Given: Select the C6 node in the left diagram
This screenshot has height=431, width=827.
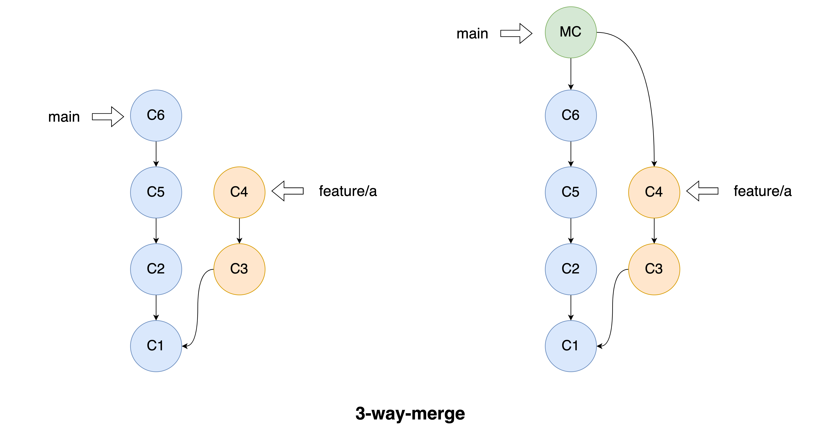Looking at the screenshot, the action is coord(156,115).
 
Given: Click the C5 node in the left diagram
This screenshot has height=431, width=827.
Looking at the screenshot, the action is coord(156,192).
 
